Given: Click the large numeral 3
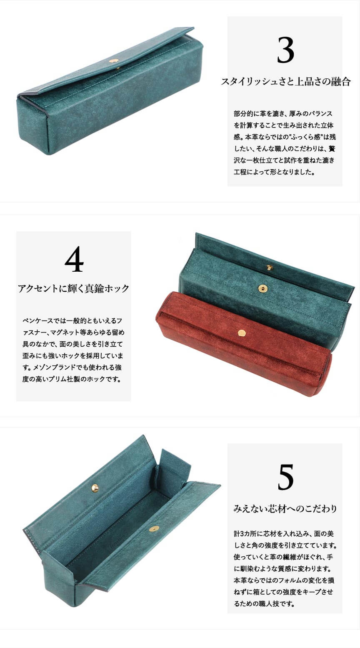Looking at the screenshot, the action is (285, 50).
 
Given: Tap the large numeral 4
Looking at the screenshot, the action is (74, 259).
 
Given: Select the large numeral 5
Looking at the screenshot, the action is (285, 477).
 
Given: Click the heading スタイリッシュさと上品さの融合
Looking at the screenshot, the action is (286, 82).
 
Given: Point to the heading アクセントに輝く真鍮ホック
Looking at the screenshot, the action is (73, 288).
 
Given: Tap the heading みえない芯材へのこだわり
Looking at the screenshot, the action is (285, 508).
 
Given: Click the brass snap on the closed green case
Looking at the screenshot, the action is (115, 61).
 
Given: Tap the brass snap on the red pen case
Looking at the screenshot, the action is (242, 333).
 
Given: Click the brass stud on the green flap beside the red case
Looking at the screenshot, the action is (270, 268).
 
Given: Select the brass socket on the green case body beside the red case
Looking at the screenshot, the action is (262, 288).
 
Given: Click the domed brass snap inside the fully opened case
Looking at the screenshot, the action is (95, 488).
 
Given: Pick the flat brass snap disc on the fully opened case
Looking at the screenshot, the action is (154, 529).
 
